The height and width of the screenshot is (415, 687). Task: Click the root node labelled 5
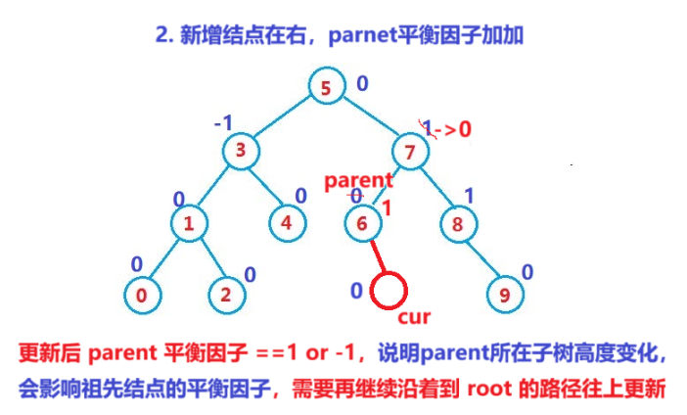[x=326, y=86]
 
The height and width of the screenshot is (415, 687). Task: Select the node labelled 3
[x=240, y=151]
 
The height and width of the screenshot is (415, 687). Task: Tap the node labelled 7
[x=411, y=151]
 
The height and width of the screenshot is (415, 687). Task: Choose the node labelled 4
[x=287, y=222]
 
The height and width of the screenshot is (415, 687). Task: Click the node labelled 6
[x=362, y=222]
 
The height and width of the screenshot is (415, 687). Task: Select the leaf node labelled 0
[x=143, y=293]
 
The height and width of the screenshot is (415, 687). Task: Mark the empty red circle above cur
[x=389, y=291]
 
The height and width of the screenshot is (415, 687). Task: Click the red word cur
[x=413, y=317]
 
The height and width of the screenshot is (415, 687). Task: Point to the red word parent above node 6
[x=358, y=180]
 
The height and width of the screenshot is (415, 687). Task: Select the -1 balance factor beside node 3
[x=223, y=124]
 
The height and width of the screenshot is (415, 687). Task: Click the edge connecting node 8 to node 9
[x=481, y=257]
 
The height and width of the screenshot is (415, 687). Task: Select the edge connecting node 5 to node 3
[x=283, y=118]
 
